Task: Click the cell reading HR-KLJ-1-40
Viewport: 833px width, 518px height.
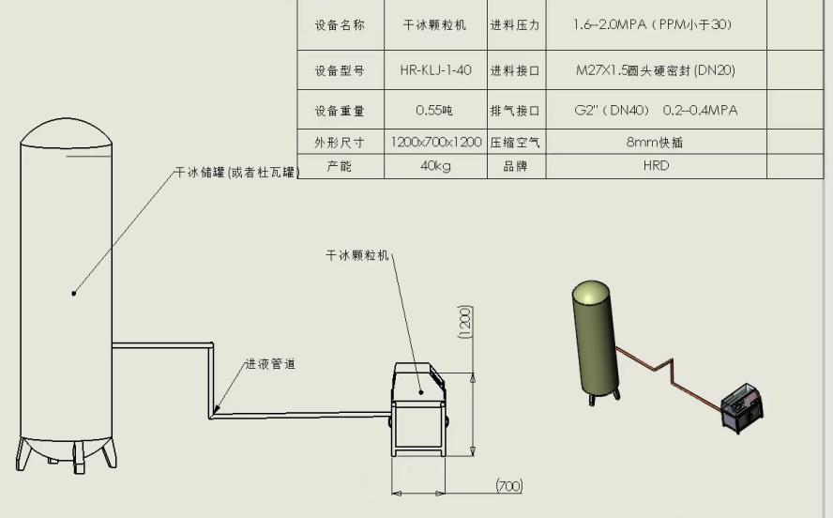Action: (435, 70)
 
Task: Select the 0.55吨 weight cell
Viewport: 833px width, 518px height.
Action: (435, 111)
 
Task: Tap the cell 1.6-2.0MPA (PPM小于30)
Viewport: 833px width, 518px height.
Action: (652, 25)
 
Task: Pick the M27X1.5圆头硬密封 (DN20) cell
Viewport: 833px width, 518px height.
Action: (655, 70)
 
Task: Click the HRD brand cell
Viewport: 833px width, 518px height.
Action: (656, 166)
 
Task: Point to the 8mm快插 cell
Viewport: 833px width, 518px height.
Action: (655, 143)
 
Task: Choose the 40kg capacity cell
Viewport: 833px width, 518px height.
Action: (435, 166)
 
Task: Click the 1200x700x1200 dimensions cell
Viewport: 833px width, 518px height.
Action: (436, 143)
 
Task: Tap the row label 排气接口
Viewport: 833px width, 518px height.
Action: (515, 111)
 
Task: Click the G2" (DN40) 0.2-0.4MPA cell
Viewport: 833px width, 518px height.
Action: (656, 111)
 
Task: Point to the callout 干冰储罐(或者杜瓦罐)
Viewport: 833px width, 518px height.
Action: (235, 173)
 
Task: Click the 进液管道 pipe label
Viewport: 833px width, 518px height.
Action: (270, 364)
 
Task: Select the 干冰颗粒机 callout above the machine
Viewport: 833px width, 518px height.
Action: (356, 254)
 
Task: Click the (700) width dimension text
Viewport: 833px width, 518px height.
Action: (509, 485)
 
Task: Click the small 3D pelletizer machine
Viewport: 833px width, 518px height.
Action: (742, 410)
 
